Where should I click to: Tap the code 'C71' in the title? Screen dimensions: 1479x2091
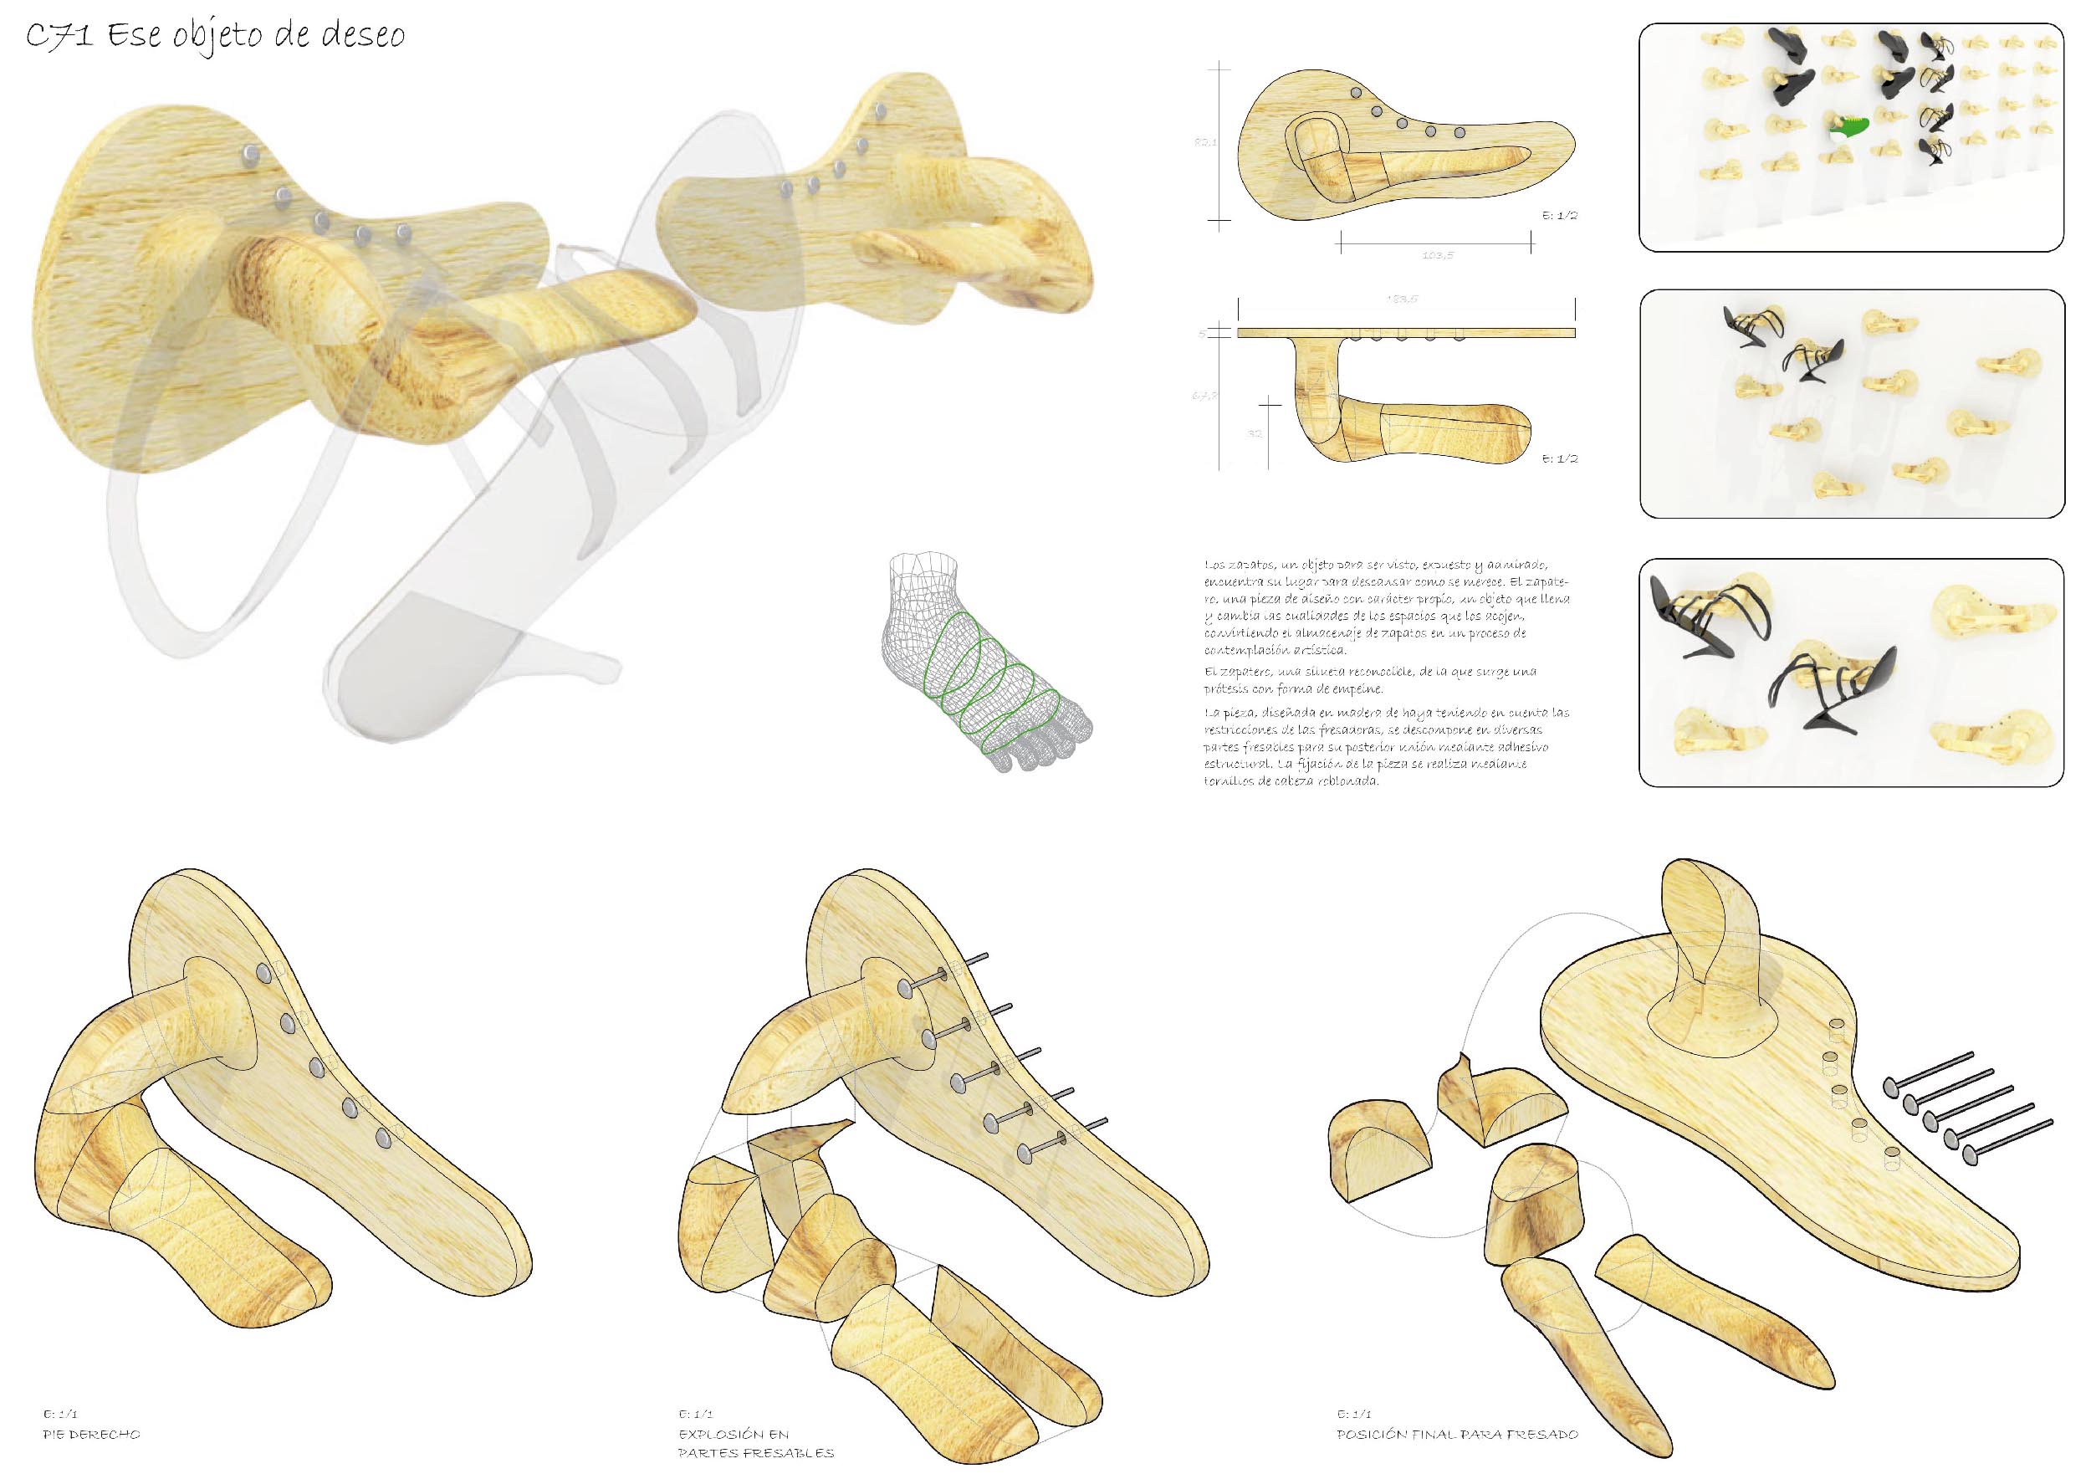[x=59, y=38]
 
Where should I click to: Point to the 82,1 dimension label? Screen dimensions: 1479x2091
[x=1205, y=142]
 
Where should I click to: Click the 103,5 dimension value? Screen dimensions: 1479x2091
[x=1437, y=255]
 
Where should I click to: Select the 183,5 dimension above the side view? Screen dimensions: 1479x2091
[x=1402, y=299]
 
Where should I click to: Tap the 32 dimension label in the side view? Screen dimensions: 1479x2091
[x=1254, y=433]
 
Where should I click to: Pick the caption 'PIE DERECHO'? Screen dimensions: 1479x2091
[x=91, y=1435]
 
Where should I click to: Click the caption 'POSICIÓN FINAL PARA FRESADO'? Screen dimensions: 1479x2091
[x=1457, y=1435]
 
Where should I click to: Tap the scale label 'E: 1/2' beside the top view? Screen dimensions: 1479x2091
[x=1559, y=216]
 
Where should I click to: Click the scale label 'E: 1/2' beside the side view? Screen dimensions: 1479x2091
[x=1559, y=459]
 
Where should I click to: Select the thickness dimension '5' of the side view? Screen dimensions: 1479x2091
[x=1203, y=333]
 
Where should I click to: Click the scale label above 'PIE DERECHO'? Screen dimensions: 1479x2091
[x=61, y=1415]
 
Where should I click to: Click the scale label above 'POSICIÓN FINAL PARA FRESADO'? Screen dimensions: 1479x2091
[x=1354, y=1415]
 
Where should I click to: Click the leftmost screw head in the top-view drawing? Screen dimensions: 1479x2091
[x=1356, y=93]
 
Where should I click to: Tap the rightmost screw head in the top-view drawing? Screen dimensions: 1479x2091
[x=1460, y=133]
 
